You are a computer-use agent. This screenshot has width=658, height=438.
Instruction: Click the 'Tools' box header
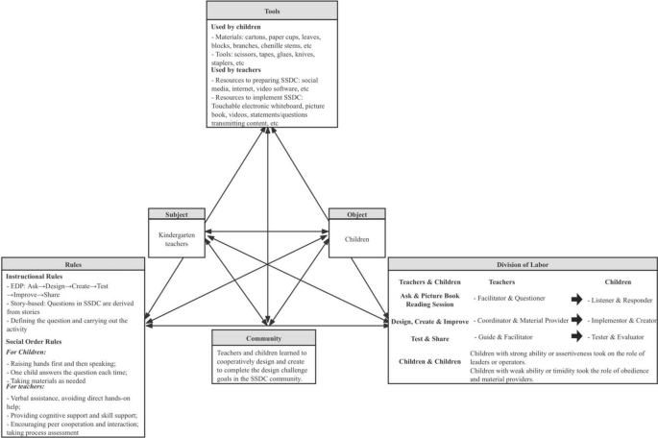click(271, 10)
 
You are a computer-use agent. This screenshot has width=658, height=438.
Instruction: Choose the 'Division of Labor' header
click(522, 263)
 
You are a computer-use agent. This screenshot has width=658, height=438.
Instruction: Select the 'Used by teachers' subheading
click(237, 80)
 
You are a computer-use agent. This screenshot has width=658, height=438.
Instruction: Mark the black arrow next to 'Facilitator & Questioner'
click(577, 299)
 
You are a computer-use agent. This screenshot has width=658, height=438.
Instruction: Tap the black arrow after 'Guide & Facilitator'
click(577, 338)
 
